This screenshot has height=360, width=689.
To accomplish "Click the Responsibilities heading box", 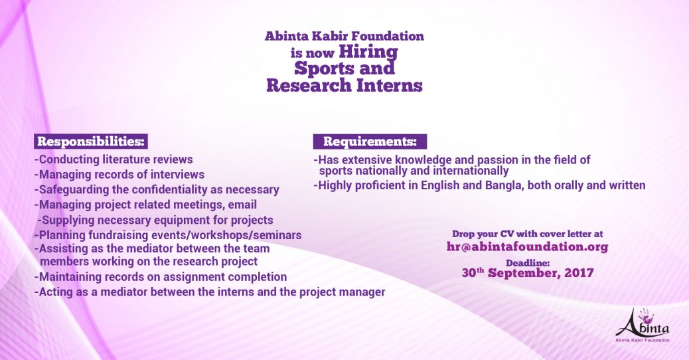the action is coord(91,141).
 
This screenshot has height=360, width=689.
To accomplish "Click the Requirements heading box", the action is coord(370,141).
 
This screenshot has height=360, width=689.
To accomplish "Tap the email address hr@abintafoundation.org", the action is coord(527,246).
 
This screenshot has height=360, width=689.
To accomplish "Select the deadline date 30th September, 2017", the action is coord(528,273).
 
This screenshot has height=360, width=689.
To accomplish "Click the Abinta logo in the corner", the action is coord(643,325).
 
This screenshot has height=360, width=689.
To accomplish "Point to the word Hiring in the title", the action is coord(368,52).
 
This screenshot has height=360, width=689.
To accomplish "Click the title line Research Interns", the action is coord(344,85).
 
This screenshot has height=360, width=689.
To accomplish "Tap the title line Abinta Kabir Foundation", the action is coord(344,36).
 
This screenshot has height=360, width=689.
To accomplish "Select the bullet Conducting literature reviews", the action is coord(114,159).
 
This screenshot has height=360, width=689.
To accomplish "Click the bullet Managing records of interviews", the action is coord(119,175).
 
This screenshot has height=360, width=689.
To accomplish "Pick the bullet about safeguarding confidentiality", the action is coord(157,190).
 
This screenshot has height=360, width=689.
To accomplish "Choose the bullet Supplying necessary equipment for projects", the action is coord(155,221).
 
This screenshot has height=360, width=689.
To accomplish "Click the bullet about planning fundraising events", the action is coord(168,235).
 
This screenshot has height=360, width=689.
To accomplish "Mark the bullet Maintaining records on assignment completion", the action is coord(161,277).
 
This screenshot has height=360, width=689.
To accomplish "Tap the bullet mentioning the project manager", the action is coord(210,292).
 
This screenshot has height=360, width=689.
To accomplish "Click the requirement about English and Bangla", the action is coord(479,185).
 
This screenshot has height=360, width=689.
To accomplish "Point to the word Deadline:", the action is coord(528,263).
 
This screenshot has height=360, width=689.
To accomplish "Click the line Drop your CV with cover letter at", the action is coord(528,234).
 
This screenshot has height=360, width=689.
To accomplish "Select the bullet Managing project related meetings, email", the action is coord(146,205).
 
